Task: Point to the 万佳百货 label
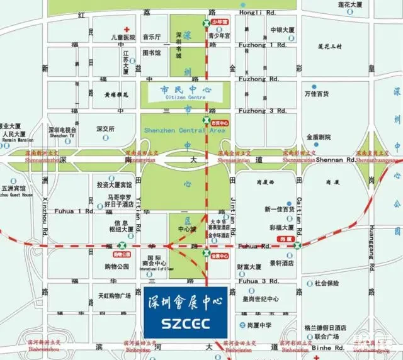[x=317, y=94]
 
